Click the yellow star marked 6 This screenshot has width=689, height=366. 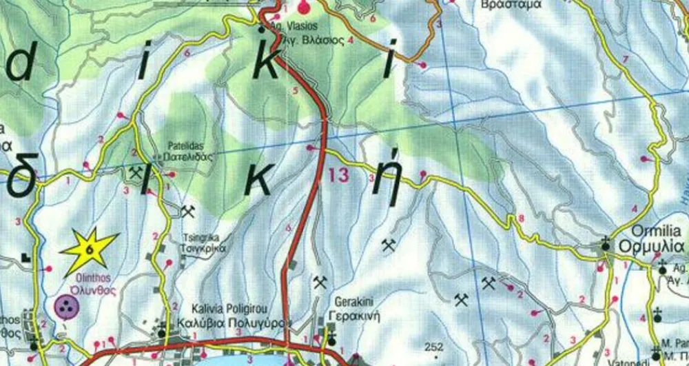point(89,249)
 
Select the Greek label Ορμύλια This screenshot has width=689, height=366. point(650,246)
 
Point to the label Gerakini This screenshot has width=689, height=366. point(353,302)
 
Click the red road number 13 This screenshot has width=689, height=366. point(339,175)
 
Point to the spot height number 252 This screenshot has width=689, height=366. point(435,346)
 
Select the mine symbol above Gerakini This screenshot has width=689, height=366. point(319,281)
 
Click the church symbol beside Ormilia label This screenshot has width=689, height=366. point(605,243)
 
